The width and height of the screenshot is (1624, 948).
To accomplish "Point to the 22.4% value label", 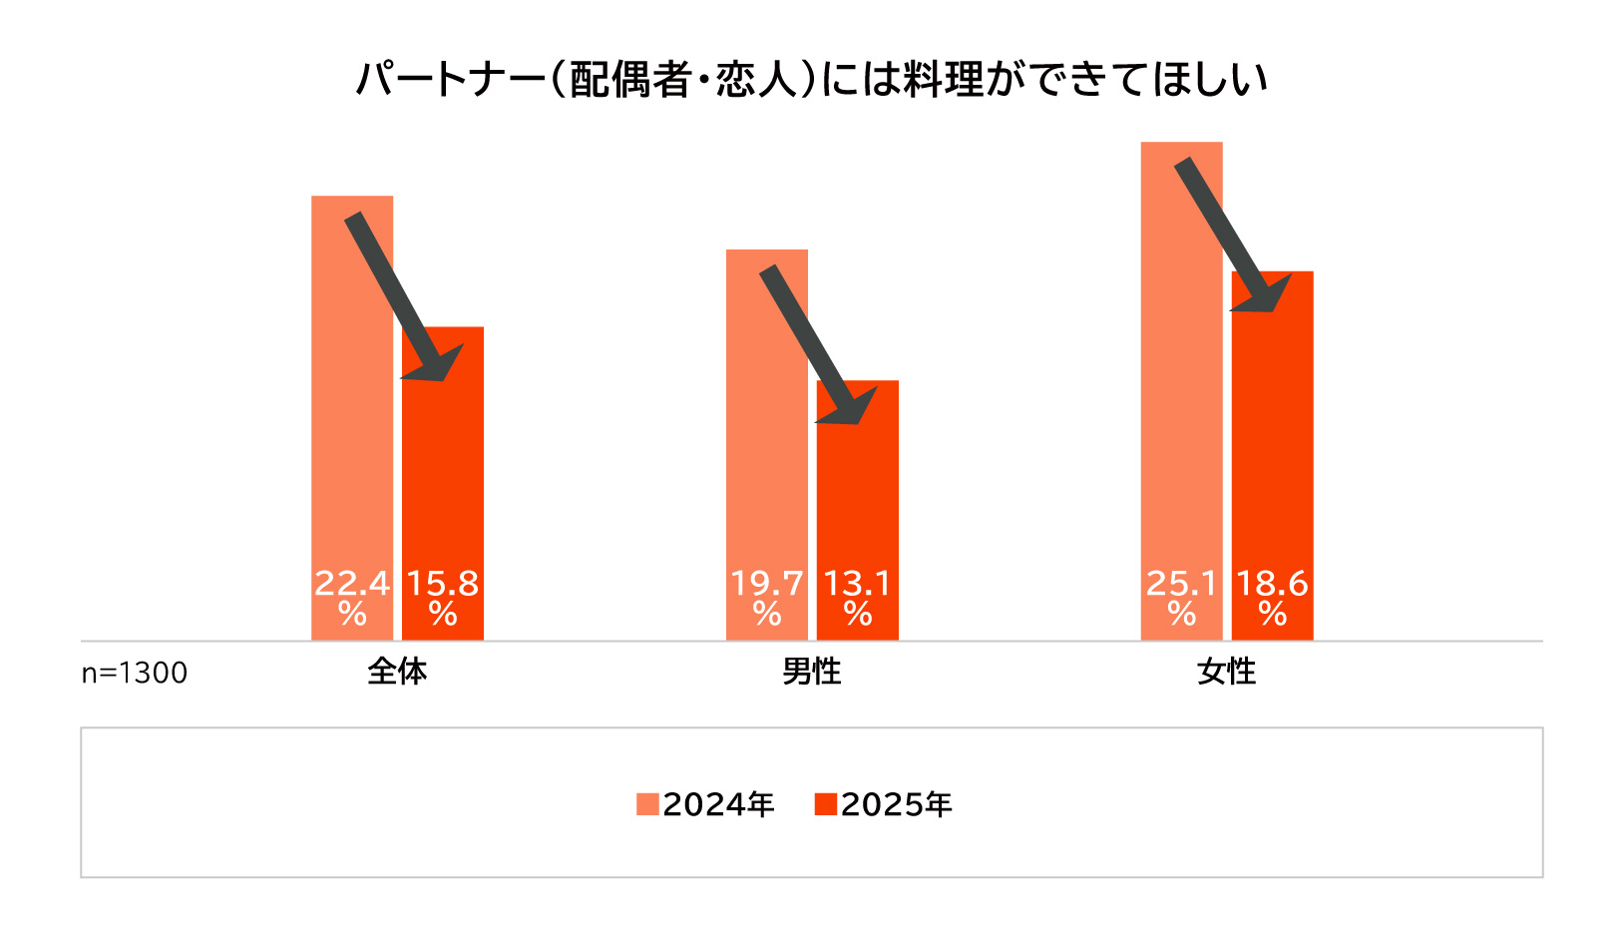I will tap(352, 597).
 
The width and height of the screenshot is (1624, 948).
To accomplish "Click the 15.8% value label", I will tap(443, 597).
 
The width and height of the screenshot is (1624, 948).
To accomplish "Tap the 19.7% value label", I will tap(767, 597).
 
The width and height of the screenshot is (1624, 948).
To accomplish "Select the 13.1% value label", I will tap(857, 597).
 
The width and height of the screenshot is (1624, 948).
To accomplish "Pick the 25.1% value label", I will tap(1182, 597).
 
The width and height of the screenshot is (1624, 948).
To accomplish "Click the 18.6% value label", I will tap(1272, 597).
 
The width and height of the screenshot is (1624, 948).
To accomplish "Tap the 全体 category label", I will tap(397, 672).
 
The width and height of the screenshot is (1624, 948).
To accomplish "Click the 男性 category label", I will tap(811, 672).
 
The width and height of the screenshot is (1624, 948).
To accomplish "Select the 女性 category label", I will tap(1226, 672).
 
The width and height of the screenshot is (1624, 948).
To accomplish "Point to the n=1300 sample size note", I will tap(134, 674).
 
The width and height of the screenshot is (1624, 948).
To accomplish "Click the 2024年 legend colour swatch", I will tap(647, 804).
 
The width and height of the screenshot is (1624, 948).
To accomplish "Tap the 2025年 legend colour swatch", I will tap(825, 804).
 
